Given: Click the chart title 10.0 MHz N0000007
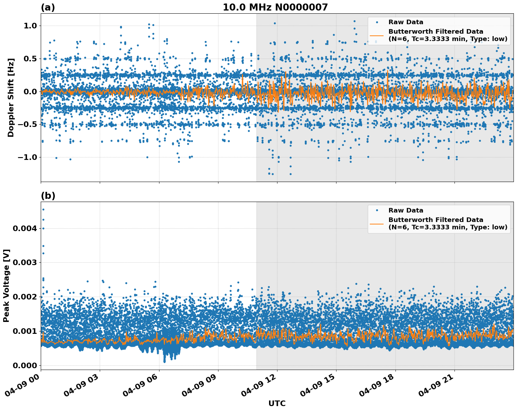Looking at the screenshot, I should [275, 7].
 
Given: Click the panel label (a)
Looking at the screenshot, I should [48, 7].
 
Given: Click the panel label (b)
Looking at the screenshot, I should [48, 196].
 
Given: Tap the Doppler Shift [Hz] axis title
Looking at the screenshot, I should [11, 97].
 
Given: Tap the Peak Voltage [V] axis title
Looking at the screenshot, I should [6, 285].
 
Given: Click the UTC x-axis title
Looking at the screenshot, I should [277, 403].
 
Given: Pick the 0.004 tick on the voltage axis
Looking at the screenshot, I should [25, 228].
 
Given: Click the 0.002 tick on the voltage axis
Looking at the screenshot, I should [25, 297].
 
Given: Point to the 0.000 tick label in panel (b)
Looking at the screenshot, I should [25, 365].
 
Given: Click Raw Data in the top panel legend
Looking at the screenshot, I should [406, 22].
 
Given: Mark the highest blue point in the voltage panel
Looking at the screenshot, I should [43, 209].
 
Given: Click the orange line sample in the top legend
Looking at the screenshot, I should [377, 35].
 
